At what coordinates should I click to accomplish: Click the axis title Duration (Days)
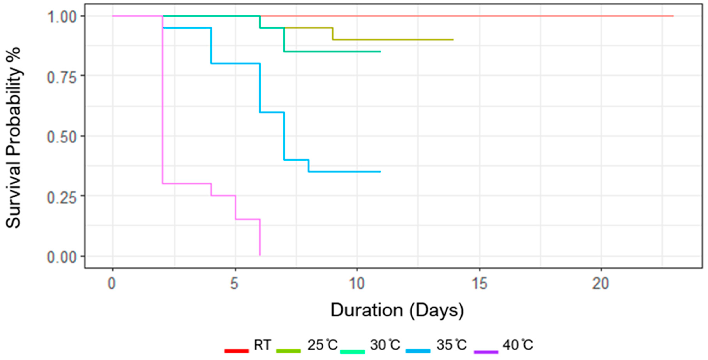point(397,310)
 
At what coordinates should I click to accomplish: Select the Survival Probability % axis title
point(13,137)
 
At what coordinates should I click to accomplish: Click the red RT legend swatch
point(237,351)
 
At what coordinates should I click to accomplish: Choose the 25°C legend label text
point(322,345)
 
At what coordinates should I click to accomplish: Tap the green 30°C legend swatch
point(352,351)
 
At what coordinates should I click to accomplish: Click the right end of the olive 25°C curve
point(453,40)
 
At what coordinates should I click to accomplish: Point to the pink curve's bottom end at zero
point(260,255)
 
